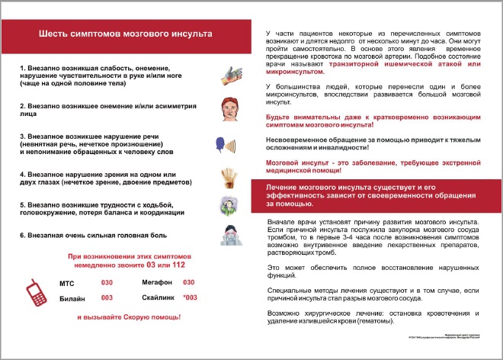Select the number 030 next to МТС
pos(107,283)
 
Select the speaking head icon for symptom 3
pos(228,144)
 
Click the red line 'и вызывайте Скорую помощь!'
pos(124,317)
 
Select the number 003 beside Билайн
pos(107,297)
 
